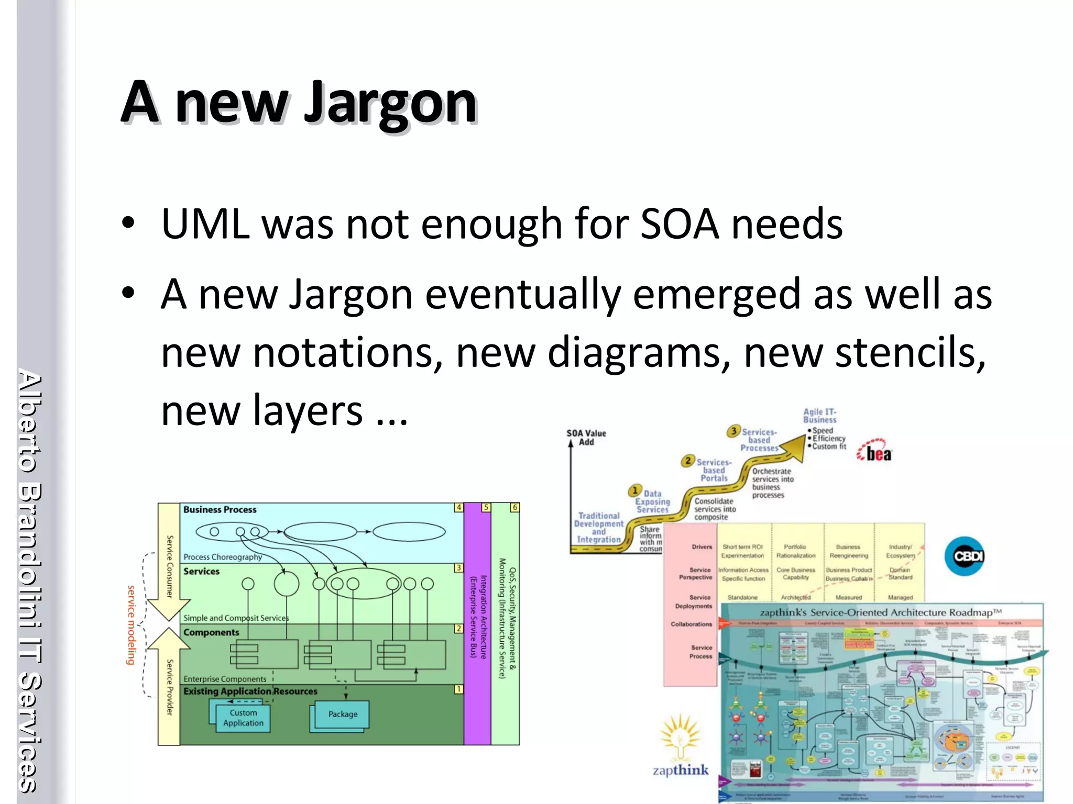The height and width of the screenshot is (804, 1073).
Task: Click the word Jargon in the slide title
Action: coord(390,103)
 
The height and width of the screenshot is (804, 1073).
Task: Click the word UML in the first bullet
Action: coord(205,225)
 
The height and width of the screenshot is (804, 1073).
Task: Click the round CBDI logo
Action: coord(965,556)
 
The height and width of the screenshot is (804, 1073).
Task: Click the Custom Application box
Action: coord(243,718)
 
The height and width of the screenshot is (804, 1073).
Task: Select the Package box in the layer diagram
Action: coord(343,714)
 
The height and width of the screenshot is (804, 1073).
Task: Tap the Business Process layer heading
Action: coord(220,510)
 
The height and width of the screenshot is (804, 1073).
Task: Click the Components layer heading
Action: coord(211,632)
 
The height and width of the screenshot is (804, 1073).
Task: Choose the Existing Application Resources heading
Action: coord(250,691)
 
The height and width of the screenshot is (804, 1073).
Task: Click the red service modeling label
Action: coord(131,625)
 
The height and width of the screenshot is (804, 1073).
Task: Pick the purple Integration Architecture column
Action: coord(477,623)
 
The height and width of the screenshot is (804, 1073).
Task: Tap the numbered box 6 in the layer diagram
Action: coord(514,507)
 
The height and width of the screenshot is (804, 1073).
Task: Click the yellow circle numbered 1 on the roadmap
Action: coord(634,490)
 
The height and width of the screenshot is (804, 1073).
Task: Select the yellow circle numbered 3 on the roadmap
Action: coord(733,431)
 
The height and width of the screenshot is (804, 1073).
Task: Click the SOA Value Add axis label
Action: coord(586,438)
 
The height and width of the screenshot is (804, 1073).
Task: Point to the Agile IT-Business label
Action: coord(820,416)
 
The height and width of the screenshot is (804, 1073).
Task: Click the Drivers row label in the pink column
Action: coord(702,547)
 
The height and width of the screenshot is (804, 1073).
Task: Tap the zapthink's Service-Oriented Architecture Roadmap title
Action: coord(880,612)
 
